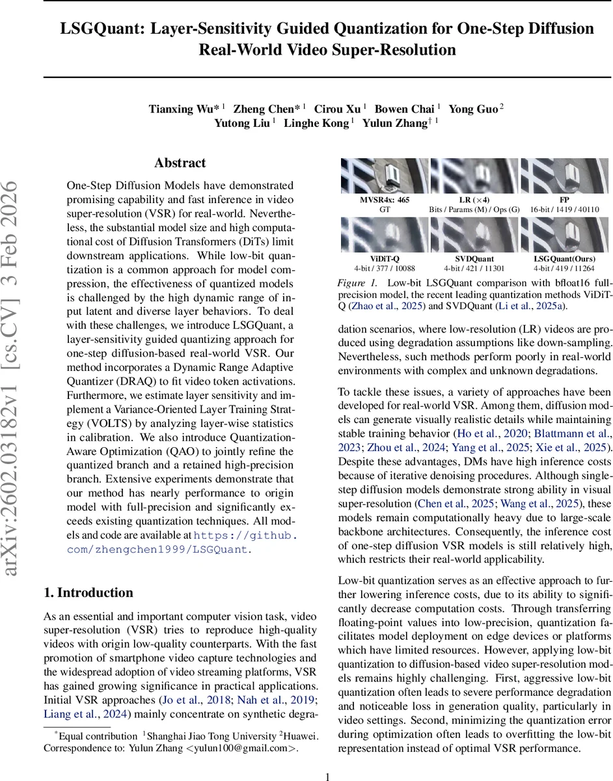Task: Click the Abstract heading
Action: tap(180, 163)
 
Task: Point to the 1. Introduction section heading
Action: tap(88, 593)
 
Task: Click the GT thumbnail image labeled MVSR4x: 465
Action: tap(385, 175)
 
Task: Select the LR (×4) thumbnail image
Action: tap(474, 175)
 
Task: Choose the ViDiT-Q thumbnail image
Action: tap(385, 234)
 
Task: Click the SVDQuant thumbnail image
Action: tap(474, 234)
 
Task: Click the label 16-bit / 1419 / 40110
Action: tap(565, 209)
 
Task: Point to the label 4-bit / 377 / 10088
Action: tap(385, 268)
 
